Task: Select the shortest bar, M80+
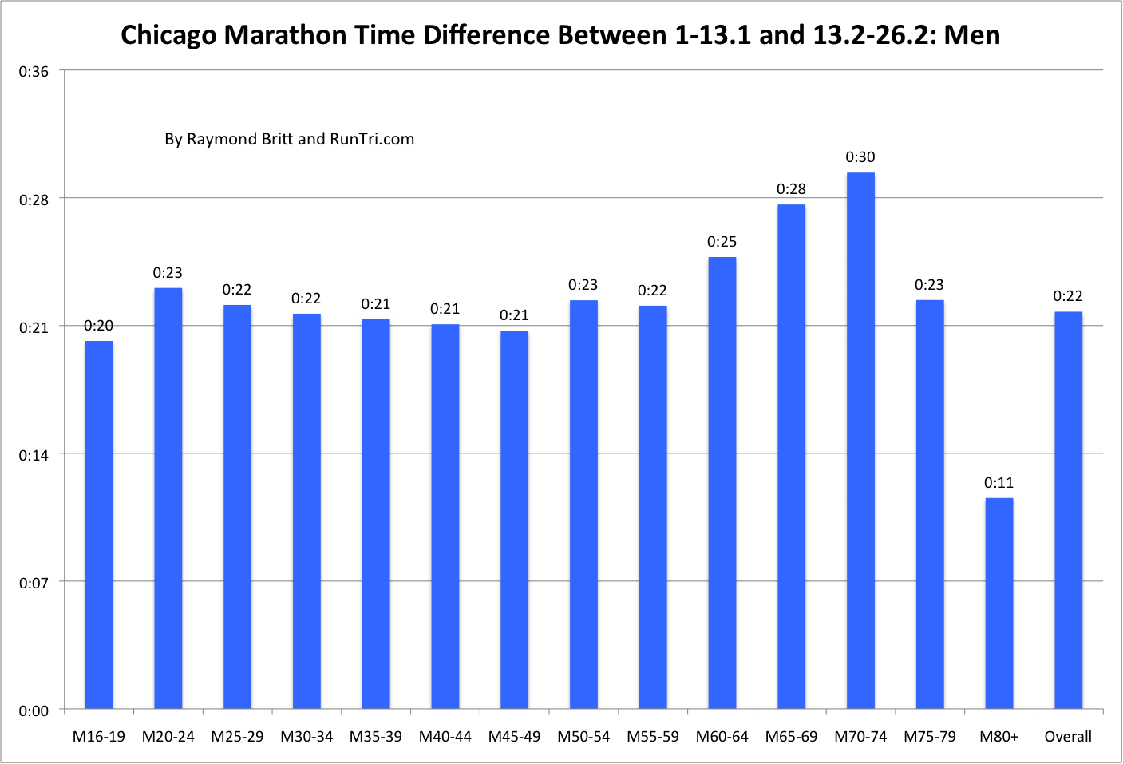click(998, 604)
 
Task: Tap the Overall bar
click(1068, 510)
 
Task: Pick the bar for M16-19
click(99, 525)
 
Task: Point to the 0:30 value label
click(860, 157)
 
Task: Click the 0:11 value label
click(998, 483)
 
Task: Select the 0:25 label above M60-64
click(722, 242)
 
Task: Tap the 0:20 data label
click(99, 326)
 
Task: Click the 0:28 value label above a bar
click(791, 189)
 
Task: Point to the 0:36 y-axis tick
click(34, 72)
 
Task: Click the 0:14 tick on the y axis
click(34, 455)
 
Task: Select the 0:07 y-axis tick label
click(34, 583)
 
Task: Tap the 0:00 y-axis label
click(34, 711)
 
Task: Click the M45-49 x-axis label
click(514, 736)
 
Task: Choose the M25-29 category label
click(237, 736)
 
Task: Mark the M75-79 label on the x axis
click(930, 736)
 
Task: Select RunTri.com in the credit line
click(372, 139)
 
